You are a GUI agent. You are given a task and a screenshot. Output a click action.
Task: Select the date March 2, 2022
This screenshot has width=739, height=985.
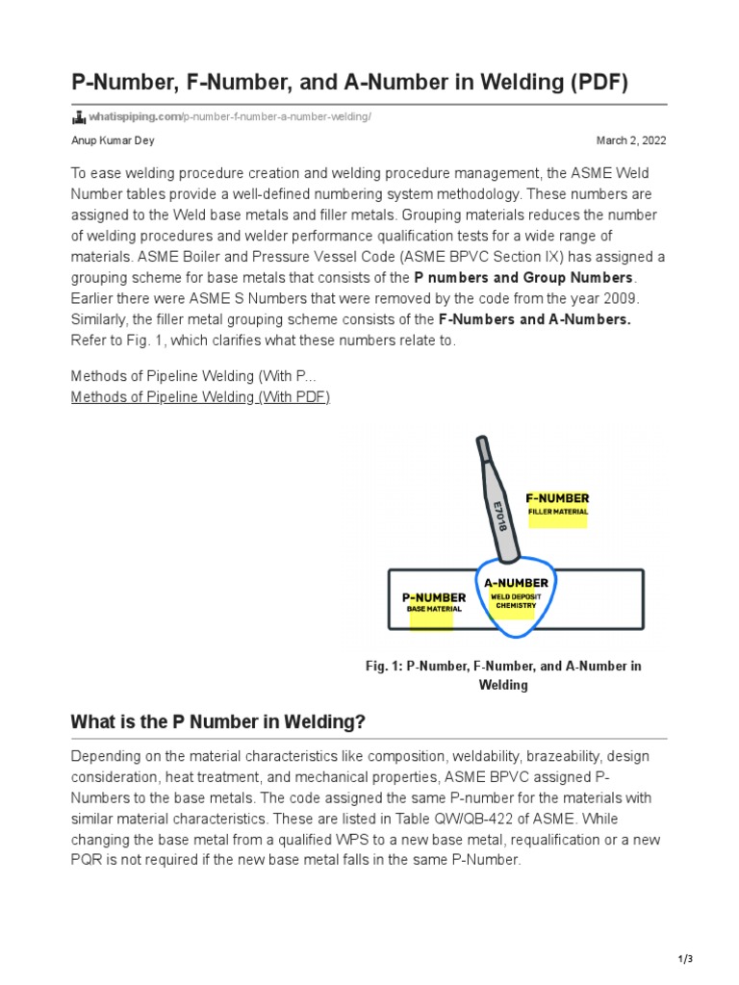click(631, 140)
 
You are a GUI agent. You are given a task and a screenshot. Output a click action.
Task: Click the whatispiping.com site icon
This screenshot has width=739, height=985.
click(79, 117)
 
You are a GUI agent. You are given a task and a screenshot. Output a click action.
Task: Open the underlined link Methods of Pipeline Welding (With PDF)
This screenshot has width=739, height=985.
click(200, 397)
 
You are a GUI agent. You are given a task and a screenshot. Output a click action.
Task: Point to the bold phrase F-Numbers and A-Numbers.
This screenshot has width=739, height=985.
click(534, 319)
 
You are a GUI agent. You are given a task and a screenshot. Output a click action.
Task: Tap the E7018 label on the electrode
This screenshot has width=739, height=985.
click(498, 517)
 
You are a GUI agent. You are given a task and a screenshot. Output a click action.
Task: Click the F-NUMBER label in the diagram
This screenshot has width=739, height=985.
click(557, 498)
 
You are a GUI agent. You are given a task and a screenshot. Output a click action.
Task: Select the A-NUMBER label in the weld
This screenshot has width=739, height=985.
click(516, 582)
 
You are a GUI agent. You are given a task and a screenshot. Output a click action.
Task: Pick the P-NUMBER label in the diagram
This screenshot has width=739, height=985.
click(433, 597)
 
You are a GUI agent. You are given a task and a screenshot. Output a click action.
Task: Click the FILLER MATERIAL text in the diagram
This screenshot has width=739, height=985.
click(557, 512)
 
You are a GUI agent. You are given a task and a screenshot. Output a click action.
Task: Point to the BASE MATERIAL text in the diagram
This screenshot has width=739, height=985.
click(433, 610)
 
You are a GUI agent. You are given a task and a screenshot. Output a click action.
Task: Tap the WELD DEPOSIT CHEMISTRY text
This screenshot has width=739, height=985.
click(516, 601)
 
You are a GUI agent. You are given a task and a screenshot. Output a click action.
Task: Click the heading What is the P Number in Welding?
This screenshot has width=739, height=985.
click(218, 721)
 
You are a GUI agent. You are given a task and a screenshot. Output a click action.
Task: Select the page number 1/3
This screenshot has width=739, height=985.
click(685, 959)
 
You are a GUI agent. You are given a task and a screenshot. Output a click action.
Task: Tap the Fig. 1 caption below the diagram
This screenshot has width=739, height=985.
click(503, 675)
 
